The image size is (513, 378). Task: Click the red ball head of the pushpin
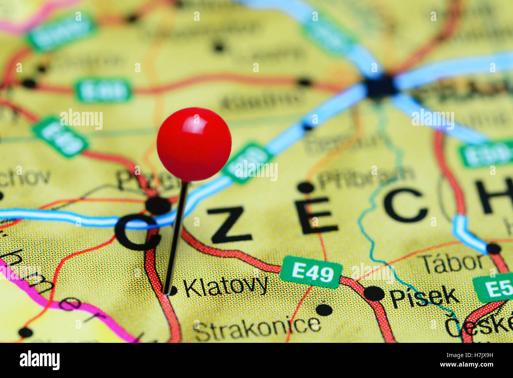[x=194, y=144]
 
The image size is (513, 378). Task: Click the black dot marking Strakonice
[x=324, y=309]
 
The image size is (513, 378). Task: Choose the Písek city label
[x=424, y=297]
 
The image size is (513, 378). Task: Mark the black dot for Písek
[x=374, y=293]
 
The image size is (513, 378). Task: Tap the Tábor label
[x=454, y=263]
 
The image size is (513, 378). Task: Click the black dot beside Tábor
[x=493, y=248]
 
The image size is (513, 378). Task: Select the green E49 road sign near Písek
[x=311, y=272]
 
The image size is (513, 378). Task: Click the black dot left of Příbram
[x=306, y=187]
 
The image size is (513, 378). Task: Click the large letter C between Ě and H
[x=406, y=205]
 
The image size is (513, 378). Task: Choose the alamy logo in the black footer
[x=39, y=360]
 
